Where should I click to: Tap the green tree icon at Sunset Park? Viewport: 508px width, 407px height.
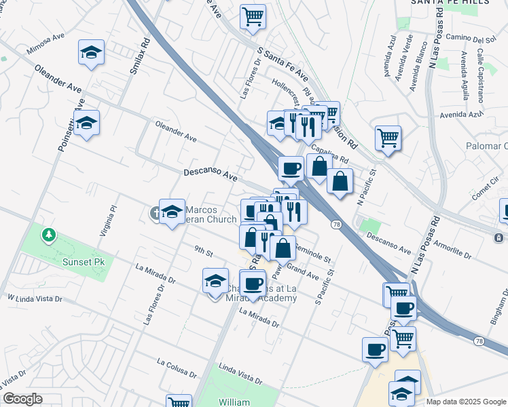pos(49,235)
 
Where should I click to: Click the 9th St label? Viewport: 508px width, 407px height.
pos(203,252)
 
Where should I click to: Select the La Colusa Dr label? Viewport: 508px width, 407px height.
pos(176,368)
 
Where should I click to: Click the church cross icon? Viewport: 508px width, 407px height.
pos(156,214)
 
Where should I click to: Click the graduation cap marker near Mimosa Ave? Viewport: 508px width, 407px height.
pos(90,52)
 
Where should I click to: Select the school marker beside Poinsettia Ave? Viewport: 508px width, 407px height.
pos(87,123)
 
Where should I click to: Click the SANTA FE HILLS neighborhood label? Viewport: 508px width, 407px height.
pos(450,3)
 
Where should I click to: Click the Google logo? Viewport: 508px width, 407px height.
pos(23,399)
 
